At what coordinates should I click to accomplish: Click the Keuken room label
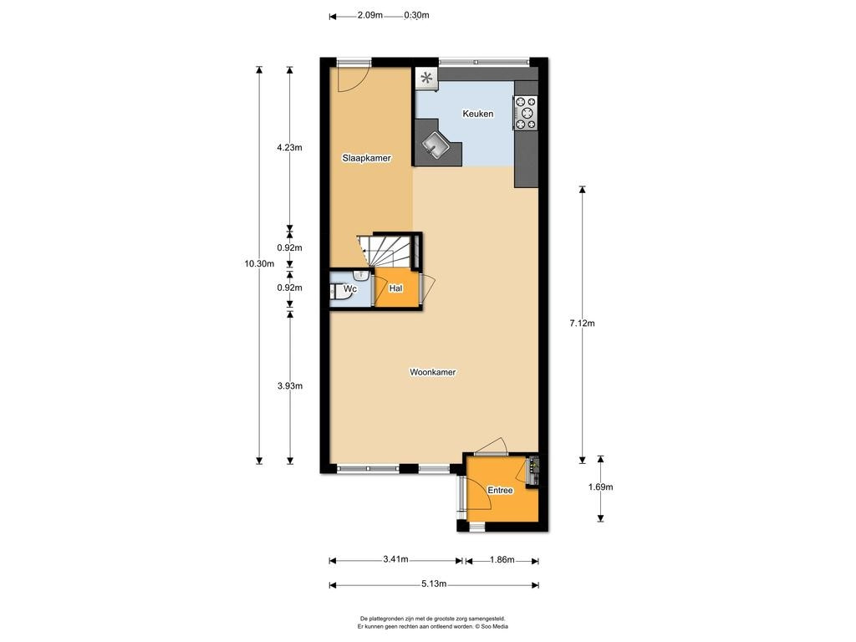click(477, 114)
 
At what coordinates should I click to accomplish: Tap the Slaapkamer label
click(366, 158)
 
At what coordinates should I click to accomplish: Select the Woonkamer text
click(432, 372)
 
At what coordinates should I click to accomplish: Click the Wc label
click(350, 288)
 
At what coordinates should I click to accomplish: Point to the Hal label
click(395, 288)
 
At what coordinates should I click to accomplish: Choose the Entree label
click(500, 490)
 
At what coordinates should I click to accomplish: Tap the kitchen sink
click(436, 145)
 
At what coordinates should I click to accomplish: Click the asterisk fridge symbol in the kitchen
click(426, 78)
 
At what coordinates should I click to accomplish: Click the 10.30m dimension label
click(259, 263)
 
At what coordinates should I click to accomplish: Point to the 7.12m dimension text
click(582, 324)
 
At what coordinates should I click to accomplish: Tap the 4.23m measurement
click(289, 147)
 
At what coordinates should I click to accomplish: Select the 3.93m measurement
click(289, 386)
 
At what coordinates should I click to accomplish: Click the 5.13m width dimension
click(434, 584)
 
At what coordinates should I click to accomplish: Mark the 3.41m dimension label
click(395, 559)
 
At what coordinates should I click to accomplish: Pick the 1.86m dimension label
click(502, 559)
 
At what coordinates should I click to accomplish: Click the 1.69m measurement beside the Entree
click(600, 487)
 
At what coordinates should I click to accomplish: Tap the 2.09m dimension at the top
click(370, 15)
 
